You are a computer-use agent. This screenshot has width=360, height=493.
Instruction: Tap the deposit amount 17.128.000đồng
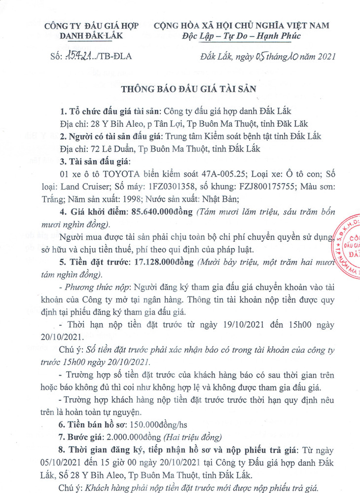pos(164,263)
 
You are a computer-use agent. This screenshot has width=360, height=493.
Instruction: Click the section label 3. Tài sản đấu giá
pos(92,162)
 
